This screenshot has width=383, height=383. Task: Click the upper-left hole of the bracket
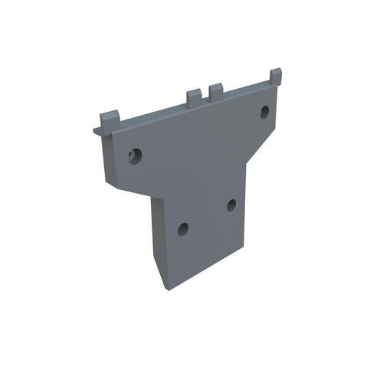pos(136,155)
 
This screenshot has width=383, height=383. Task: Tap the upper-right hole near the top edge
pos(264,112)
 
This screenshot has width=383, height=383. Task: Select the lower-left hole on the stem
pos(182,228)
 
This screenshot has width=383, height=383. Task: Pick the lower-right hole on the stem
pos(231,205)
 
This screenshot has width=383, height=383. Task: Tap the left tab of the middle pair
pos(193,96)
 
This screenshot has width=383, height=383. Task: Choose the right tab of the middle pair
pos(216,90)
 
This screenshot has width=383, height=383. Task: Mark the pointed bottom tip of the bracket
pos(164,289)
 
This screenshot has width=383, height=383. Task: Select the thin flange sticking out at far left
pos(97,129)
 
